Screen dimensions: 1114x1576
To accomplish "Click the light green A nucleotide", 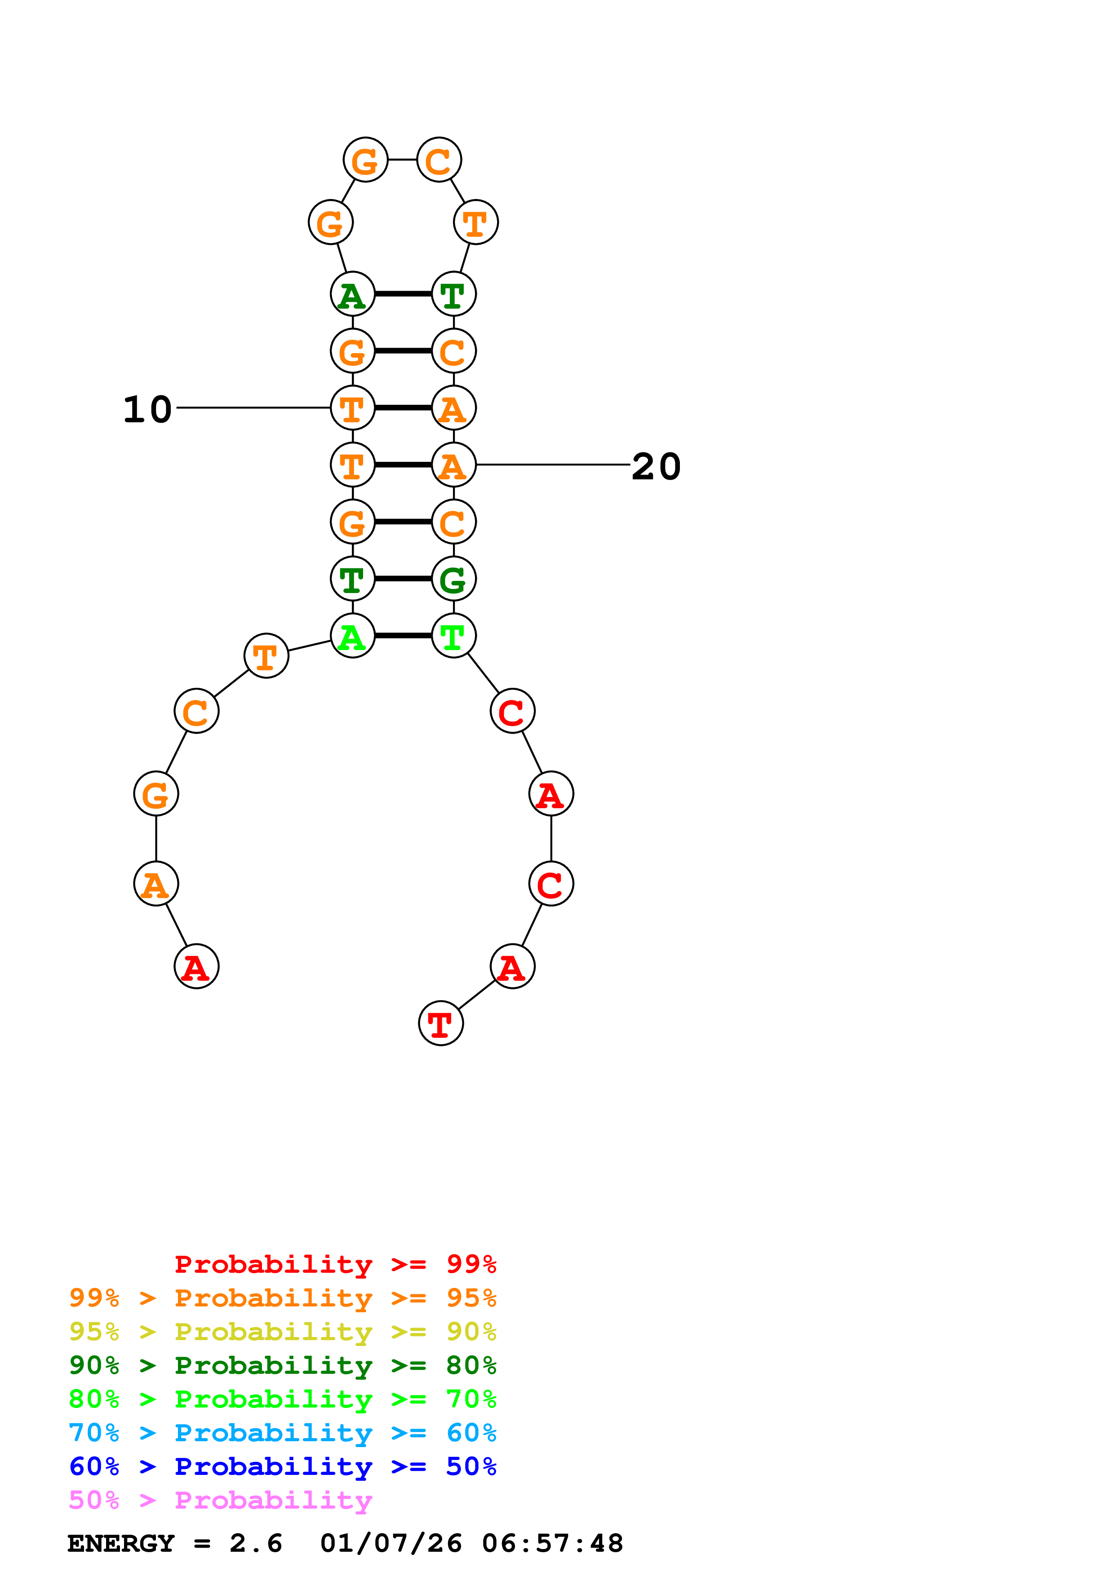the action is [352, 636].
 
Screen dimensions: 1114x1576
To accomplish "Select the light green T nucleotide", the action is [453, 636].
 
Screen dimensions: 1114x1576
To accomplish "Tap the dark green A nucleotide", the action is [352, 294].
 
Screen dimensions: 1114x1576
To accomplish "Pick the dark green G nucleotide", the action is [453, 580].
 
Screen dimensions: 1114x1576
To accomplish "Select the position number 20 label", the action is [656, 467].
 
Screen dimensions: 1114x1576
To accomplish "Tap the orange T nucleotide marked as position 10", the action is [352, 408].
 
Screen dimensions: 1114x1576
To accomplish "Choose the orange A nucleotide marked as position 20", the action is [453, 465].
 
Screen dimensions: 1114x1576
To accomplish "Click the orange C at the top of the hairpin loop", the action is [439, 161].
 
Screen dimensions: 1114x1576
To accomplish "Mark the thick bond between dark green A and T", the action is [403, 294].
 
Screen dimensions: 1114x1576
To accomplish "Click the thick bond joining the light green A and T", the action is [403, 636].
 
